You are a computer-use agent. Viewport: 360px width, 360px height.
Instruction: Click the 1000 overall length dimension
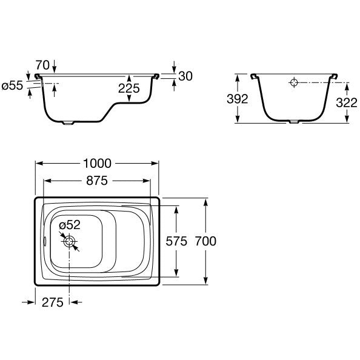click(97, 164)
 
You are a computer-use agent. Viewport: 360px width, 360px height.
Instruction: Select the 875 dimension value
click(97, 181)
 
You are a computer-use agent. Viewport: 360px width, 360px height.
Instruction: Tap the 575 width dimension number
click(176, 241)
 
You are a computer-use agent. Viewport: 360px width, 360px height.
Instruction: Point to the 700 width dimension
click(205, 241)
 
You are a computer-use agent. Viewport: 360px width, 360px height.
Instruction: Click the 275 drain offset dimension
click(53, 302)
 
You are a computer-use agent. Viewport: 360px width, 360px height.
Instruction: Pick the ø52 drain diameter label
click(70, 225)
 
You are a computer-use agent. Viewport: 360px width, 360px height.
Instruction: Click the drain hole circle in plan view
click(69, 241)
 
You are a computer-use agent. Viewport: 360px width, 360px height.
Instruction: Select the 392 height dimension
click(238, 99)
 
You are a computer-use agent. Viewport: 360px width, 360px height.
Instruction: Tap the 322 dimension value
click(347, 102)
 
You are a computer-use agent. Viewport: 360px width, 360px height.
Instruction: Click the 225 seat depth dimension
click(129, 88)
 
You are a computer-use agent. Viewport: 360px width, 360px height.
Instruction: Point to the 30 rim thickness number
click(185, 76)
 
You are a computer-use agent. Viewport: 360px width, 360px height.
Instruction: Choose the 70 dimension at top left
click(42, 65)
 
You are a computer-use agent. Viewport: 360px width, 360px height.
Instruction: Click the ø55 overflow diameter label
click(12, 86)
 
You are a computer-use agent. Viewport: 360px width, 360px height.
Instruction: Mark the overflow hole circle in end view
click(294, 82)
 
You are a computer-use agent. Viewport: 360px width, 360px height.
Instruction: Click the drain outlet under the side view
click(68, 123)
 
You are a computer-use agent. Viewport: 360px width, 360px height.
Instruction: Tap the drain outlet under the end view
click(294, 122)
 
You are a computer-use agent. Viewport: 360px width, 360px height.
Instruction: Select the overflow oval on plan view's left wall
click(45, 241)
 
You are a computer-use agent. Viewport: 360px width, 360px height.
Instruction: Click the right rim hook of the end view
click(335, 76)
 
